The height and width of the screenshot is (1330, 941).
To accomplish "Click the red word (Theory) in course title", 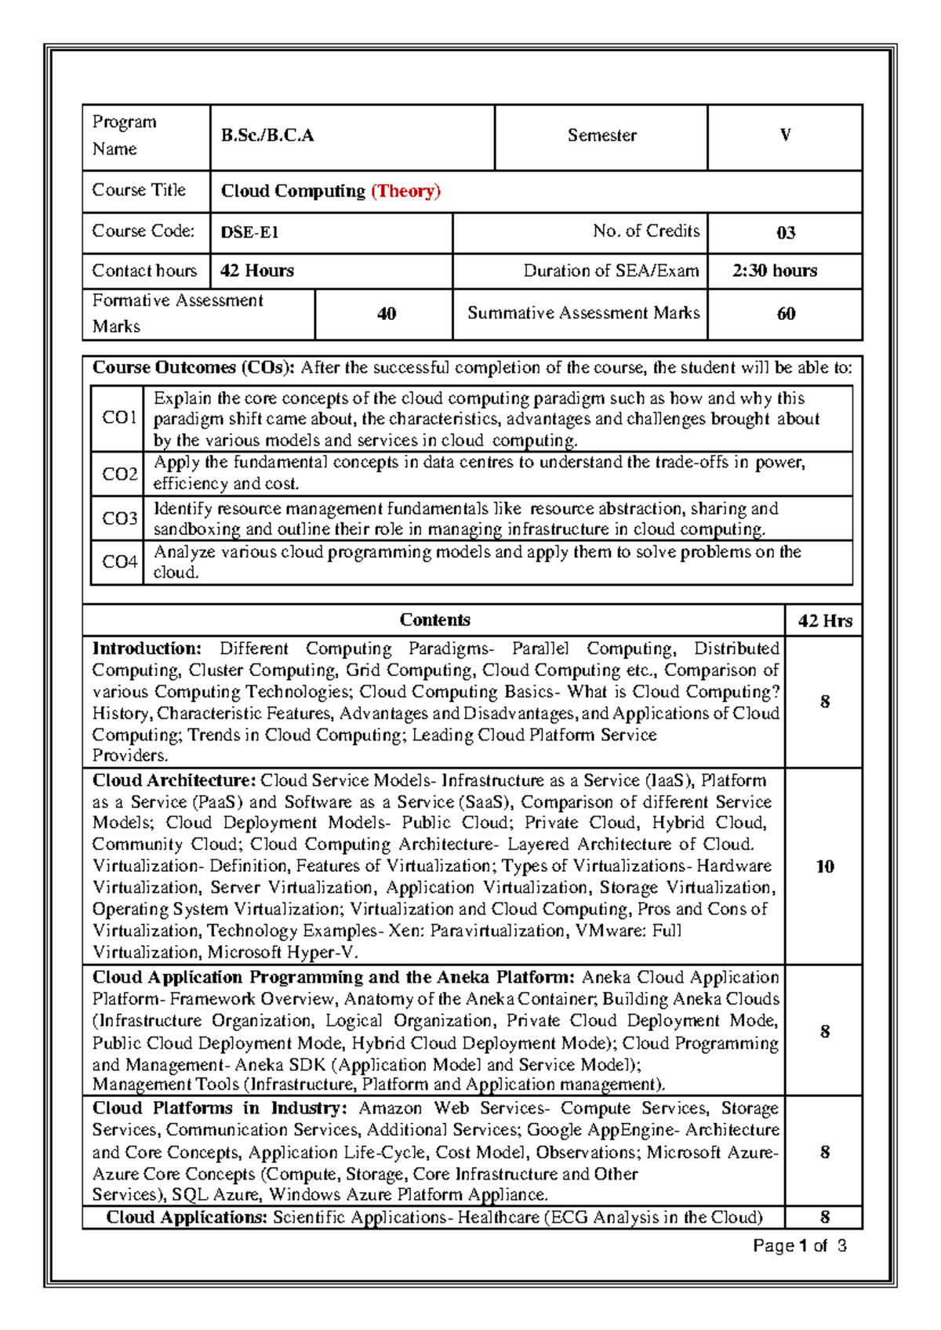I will pos(405,191).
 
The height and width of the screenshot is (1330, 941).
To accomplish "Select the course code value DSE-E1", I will pos(249,233).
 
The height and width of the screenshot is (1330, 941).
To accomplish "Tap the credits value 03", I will pos(785,233).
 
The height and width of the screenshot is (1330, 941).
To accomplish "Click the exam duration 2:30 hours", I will pos(775,271).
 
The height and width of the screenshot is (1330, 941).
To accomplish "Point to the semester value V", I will pos(785,136).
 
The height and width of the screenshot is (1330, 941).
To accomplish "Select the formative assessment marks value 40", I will pos(386,314).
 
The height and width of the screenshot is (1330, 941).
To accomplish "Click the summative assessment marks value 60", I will pos(786,314).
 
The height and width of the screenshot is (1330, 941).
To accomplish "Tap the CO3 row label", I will pos(119,518).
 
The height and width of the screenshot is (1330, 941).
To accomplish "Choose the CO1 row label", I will pos(119,417).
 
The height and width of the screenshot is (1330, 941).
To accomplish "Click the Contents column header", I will pos(434,620).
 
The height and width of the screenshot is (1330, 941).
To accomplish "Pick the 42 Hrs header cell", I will pos(825,621).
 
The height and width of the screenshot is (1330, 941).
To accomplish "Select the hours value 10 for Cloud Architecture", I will pos(825,867).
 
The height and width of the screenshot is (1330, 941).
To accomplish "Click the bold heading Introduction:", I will pos(147,649).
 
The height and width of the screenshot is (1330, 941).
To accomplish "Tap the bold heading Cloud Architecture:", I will pos(174,780).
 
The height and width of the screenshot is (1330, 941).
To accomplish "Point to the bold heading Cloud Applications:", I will pos(187,1217).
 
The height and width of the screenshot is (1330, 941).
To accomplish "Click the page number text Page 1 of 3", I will pos(799,1246).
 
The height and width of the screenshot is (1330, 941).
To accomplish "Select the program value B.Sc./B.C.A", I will pos(267,136).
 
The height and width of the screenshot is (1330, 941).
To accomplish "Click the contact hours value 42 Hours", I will pos(257,271).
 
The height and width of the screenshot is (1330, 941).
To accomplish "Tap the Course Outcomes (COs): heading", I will pos(193,368).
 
